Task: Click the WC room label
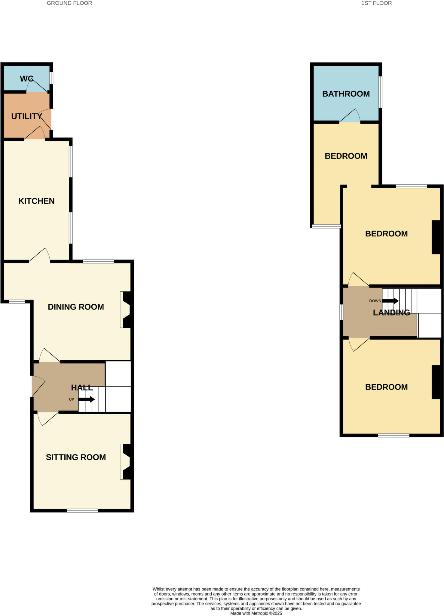click(x=26, y=79)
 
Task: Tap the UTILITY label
click(x=26, y=116)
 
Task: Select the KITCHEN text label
click(x=36, y=201)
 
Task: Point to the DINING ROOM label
click(x=76, y=307)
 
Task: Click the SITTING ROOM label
click(x=76, y=457)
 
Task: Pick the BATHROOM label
click(x=346, y=94)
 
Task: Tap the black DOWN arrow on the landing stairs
click(x=390, y=301)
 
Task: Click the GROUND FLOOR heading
click(x=69, y=3)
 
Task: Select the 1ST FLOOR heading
click(x=376, y=3)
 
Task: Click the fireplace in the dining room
click(x=126, y=310)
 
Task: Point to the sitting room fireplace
click(x=126, y=462)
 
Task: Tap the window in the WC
click(x=51, y=78)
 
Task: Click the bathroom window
click(x=380, y=92)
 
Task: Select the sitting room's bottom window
click(x=82, y=510)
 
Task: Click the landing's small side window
click(x=341, y=312)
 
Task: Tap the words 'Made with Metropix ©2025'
click(x=256, y=613)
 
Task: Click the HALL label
click(x=82, y=388)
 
